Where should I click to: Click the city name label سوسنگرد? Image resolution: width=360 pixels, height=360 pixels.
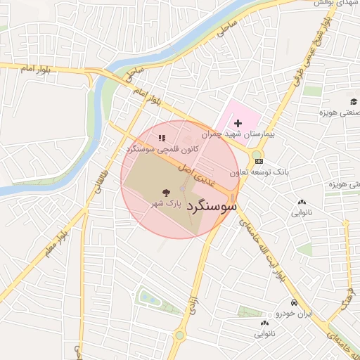pos(205,209)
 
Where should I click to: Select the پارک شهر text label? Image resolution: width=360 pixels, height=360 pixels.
pos(162,203)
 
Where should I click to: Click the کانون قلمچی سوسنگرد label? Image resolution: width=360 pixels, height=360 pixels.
pos(161,150)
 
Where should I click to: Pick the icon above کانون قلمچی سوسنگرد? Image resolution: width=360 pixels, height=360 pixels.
pos(162,138)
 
